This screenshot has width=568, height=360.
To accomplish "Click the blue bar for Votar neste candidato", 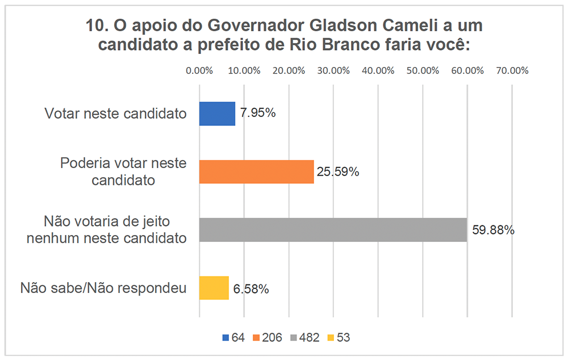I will pyautogui.click(x=217, y=114).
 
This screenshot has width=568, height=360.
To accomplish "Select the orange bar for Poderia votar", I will pyautogui.click(x=256, y=171).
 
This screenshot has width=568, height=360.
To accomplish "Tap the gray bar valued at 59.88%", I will pyautogui.click(x=333, y=229).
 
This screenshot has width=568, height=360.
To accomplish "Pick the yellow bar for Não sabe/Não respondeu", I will pyautogui.click(x=214, y=288).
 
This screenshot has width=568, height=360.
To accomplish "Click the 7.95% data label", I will pyautogui.click(x=258, y=113).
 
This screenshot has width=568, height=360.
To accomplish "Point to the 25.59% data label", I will pyautogui.click(x=338, y=171).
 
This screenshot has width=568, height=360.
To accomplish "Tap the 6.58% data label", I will pyautogui.click(x=250, y=289).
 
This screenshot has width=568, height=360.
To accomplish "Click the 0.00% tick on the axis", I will pyautogui.click(x=199, y=71).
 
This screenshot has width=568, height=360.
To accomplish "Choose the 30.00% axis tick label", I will pyautogui.click(x=333, y=71).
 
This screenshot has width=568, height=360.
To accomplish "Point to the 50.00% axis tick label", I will pyautogui.click(x=423, y=71).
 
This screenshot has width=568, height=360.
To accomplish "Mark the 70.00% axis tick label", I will pyautogui.click(x=512, y=71).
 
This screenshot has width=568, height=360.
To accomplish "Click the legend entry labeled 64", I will pyautogui.click(x=233, y=337).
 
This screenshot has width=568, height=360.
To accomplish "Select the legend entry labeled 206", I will pyautogui.click(x=267, y=337).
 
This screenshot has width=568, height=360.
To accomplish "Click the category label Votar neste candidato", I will pyautogui.click(x=116, y=114).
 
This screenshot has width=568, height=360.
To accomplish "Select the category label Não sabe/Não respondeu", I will pyautogui.click(x=103, y=288).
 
